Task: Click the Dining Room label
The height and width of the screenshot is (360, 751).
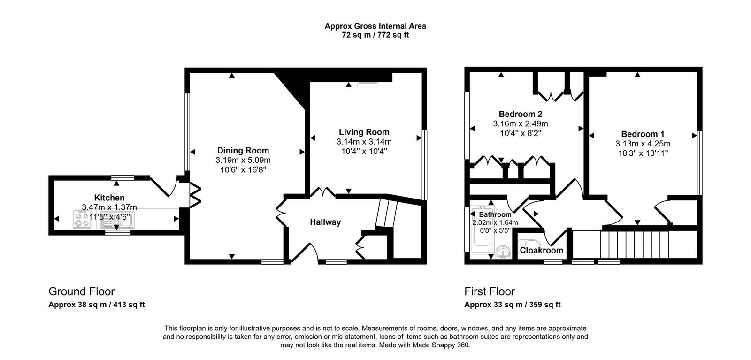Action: pos(243,151)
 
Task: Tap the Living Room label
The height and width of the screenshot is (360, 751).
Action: pos(364,132)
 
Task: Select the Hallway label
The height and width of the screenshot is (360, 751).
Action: pos(325,222)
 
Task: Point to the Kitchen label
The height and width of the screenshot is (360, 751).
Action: pos(109,198)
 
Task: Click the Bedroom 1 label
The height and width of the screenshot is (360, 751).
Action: pos(643,134)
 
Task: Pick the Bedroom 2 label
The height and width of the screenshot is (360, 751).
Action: pos(521,114)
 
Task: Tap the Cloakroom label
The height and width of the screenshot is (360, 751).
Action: pos(542,250)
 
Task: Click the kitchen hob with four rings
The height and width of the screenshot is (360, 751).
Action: pos(82,219)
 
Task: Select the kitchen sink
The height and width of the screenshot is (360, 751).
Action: pos(118,220)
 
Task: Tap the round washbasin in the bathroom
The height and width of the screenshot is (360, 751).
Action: pos(502,253)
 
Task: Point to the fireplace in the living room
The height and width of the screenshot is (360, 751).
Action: pos(368,84)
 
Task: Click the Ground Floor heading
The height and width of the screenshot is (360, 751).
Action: pos(82,291)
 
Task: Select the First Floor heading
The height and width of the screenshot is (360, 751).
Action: pos(490,291)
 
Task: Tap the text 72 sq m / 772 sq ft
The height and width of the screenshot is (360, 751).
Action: pos(375,35)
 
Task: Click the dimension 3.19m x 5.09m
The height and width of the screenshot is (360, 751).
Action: pos(243,160)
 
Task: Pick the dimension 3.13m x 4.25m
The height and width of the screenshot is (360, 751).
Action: pos(643,144)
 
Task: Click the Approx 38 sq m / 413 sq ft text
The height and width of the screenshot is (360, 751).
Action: pos(97,305)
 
